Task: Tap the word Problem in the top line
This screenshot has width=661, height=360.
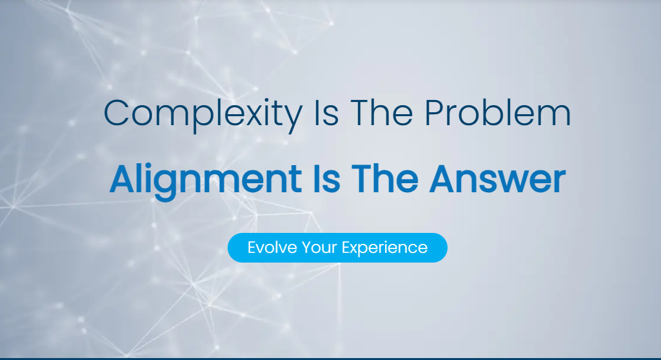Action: click(x=497, y=112)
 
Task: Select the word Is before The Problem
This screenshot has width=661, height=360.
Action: click(x=326, y=114)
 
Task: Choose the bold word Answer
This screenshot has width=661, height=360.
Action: click(x=497, y=179)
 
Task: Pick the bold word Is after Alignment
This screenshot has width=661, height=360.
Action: click(x=326, y=179)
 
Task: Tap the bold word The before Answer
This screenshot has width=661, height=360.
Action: click(x=384, y=179)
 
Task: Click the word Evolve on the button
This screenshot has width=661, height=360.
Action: click(x=271, y=248)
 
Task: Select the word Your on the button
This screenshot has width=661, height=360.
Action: click(x=320, y=248)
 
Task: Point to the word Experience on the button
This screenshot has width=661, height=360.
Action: click(x=385, y=248)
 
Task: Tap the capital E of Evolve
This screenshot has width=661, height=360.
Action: click(x=252, y=247)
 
